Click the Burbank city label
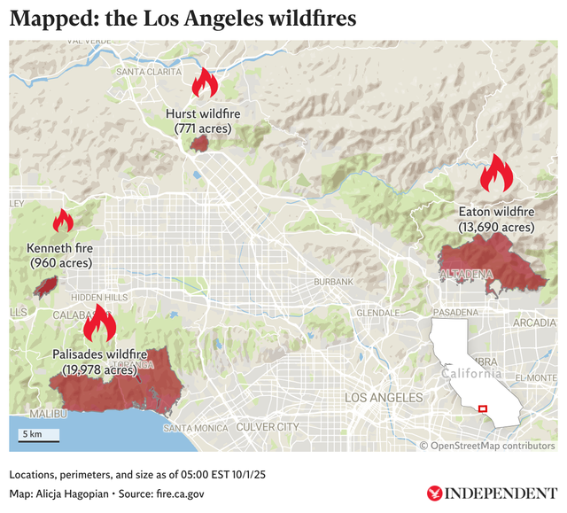click(x=333, y=282)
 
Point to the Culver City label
click(x=268, y=427)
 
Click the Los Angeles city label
click(x=384, y=398)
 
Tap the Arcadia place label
click(x=534, y=323)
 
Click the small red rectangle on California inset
click(x=482, y=408)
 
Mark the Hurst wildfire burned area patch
click(x=201, y=143)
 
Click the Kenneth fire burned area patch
click(x=46, y=285)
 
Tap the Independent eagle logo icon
click(x=434, y=493)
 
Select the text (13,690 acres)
click(x=496, y=228)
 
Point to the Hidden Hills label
click(x=98, y=298)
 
